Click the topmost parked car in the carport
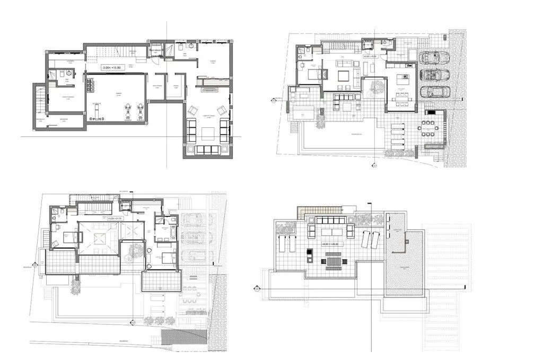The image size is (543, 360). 434,57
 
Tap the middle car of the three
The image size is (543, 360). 434,74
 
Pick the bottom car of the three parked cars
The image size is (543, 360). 434,91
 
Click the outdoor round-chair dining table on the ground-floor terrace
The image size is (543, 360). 428,127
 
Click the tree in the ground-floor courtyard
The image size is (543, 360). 378,86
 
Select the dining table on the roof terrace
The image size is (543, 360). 332,261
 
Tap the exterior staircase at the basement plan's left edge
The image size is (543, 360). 38,101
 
